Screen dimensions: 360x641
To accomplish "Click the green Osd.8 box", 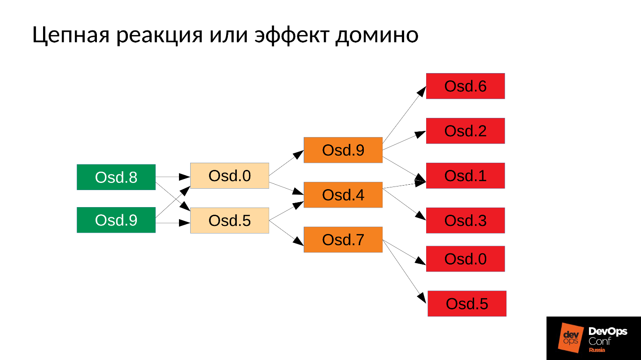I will (x=116, y=177).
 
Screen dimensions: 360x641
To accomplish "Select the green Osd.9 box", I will (x=116, y=220).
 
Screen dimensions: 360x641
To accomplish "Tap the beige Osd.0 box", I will (x=230, y=176).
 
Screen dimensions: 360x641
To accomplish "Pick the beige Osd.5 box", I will (x=230, y=221).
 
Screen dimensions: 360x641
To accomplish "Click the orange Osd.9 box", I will (x=343, y=150).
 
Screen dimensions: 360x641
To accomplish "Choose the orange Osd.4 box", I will (x=343, y=195).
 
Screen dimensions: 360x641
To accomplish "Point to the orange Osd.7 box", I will (x=343, y=240).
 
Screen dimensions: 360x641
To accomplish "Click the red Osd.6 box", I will (x=465, y=86).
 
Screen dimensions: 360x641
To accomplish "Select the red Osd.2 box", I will (x=465, y=131).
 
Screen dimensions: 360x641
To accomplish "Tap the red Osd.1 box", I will (x=465, y=176).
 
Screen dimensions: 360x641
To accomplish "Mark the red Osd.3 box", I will (x=465, y=221).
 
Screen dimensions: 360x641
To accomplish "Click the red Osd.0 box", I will (x=465, y=259).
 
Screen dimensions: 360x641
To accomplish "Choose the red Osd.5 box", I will (x=467, y=304).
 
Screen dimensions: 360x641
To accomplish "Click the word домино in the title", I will (x=377, y=35).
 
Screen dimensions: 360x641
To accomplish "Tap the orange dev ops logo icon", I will (x=571, y=337).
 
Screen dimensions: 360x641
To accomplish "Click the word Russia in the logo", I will (x=597, y=350).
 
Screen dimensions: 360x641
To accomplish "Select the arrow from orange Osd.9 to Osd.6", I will (x=404, y=114).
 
